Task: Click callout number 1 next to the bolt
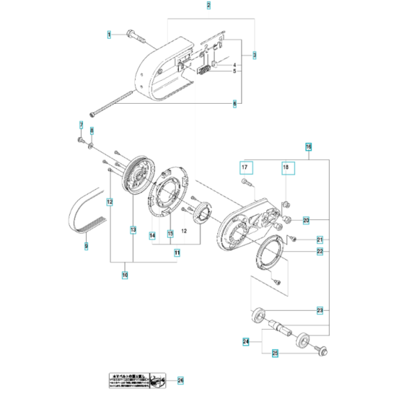click(110, 34)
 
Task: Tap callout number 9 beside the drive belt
click(86, 247)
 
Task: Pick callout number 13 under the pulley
click(133, 229)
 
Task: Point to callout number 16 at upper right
click(308, 146)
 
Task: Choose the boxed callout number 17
click(245, 167)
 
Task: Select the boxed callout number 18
click(286, 167)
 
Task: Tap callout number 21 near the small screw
click(319, 240)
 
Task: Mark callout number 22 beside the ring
click(319, 252)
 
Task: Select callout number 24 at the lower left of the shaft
click(246, 341)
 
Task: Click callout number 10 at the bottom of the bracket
click(124, 275)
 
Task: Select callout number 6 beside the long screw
click(234, 104)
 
